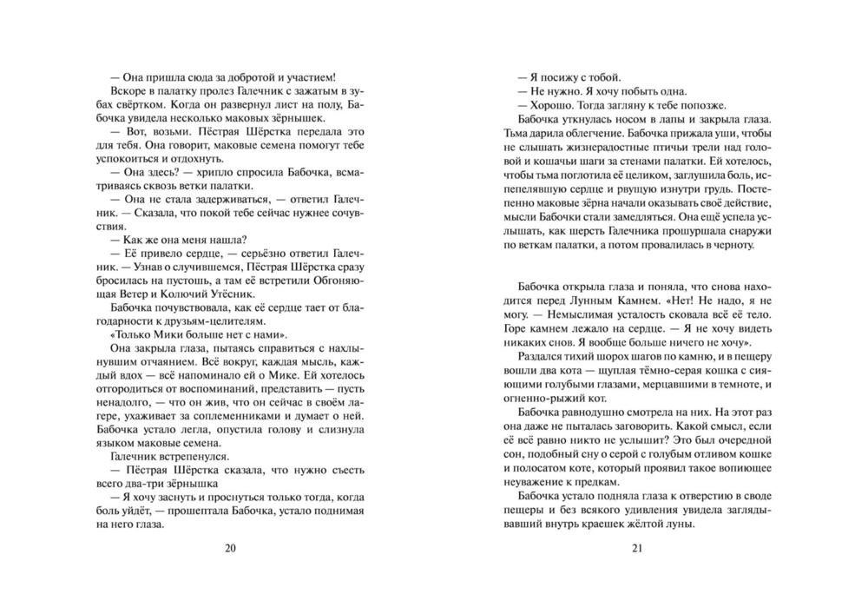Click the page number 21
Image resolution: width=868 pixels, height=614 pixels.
tap(637, 548)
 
